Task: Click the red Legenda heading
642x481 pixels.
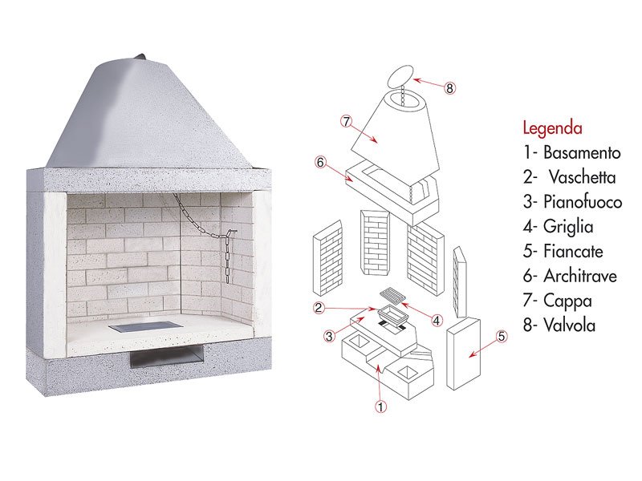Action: click(552, 128)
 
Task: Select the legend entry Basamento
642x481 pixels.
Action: click(582, 152)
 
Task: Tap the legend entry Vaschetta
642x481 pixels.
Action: click(583, 177)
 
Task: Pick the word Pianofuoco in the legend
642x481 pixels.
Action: click(583, 202)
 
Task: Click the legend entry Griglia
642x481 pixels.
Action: click(568, 227)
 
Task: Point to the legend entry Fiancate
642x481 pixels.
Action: click(573, 251)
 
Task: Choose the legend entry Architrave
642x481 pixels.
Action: click(580, 276)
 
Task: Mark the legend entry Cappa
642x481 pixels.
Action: click(567, 301)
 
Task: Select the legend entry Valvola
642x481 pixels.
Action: click(569, 325)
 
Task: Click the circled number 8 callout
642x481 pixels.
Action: click(449, 88)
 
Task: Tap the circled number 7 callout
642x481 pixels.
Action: click(347, 121)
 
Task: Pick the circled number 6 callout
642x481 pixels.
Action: click(320, 163)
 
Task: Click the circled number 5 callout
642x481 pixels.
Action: click(502, 337)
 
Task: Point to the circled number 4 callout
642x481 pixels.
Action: click(437, 320)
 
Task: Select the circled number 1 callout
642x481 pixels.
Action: click(380, 406)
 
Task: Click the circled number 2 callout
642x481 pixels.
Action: click(319, 308)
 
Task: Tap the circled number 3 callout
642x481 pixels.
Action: click(329, 336)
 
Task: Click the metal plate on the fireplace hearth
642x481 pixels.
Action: click(145, 327)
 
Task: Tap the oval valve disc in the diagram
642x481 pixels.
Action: click(400, 75)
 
